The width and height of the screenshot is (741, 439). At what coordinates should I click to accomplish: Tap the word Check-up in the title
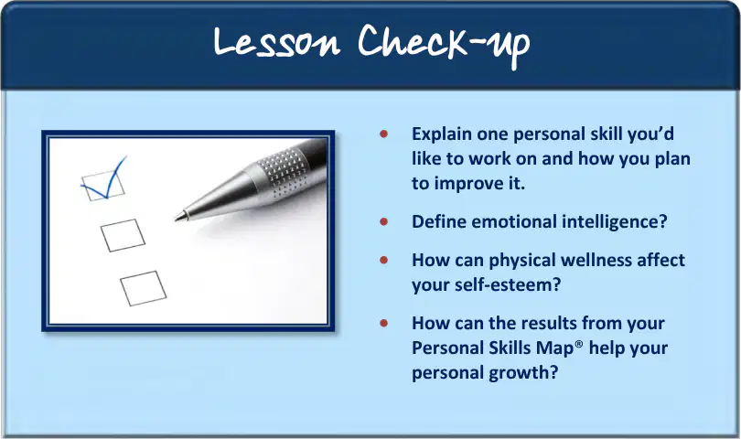tap(444, 46)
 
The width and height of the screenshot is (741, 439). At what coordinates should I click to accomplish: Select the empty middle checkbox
tap(123, 235)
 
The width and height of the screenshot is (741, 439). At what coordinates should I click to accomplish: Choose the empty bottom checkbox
tap(144, 288)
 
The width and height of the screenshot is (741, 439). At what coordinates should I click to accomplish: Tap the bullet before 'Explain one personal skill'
tap(383, 134)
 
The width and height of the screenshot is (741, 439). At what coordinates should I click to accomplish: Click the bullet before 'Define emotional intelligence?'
tap(383, 221)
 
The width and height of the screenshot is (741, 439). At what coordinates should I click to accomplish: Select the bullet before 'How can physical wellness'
tap(383, 260)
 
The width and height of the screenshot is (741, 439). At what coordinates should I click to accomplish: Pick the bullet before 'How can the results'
tap(383, 323)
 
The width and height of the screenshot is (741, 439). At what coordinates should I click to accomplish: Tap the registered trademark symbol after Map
tap(579, 344)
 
